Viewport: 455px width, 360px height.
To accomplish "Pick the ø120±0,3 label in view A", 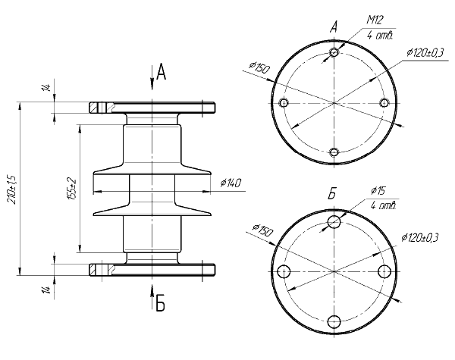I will tap(424, 52).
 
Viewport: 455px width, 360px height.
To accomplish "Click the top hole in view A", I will tap(334, 53).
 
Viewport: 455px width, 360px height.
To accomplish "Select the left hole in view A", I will tap(284, 103).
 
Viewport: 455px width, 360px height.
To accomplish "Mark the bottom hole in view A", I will tap(334, 152).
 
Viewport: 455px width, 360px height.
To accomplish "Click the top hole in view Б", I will tap(334, 221).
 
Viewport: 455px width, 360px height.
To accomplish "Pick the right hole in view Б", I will tap(384, 272).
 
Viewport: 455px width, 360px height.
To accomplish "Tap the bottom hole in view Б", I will tap(334, 321).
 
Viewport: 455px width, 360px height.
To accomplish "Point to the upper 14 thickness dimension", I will tap(46, 89).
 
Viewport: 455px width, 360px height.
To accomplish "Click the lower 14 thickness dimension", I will tap(46, 290).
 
